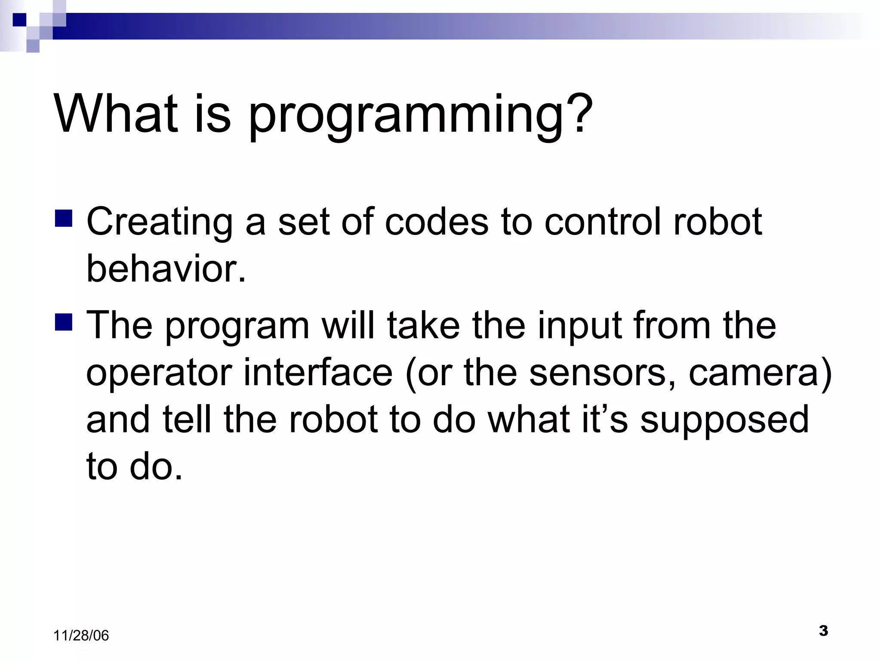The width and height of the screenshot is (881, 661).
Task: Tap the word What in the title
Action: click(115, 114)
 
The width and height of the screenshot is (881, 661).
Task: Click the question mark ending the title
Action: click(579, 113)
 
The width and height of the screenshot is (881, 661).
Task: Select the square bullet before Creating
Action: click(64, 218)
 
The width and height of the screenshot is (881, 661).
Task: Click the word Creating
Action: click(160, 222)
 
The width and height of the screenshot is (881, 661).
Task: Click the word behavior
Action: click(166, 269)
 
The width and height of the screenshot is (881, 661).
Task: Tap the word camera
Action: click(759, 373)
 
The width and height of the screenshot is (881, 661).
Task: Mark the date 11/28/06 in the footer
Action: click(81, 636)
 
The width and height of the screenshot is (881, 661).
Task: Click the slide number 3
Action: click(823, 631)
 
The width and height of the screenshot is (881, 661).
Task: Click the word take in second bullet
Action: click(423, 325)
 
